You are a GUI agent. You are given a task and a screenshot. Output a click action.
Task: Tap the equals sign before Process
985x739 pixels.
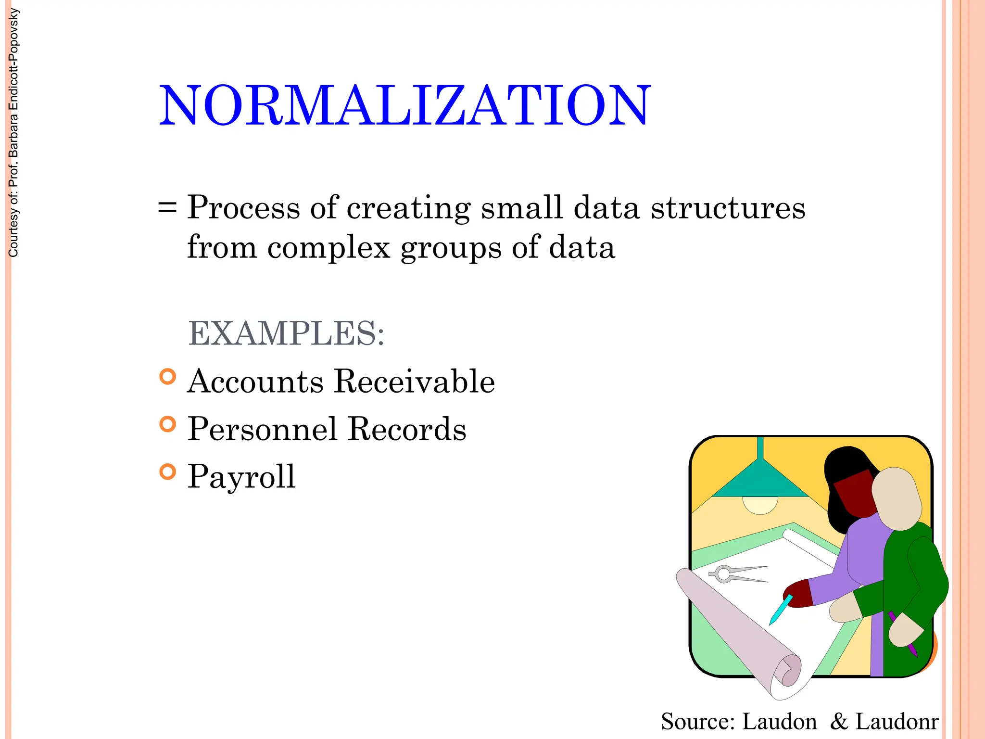pos(167,208)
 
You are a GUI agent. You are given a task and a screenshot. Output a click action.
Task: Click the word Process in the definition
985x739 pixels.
pos(243,208)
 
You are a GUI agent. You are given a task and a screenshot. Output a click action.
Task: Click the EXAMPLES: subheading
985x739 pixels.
pos(286,333)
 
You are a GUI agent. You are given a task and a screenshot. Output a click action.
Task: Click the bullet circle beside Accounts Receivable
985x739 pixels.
pos(167,376)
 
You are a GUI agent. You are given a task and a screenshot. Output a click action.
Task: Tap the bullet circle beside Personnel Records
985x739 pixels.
pos(167,424)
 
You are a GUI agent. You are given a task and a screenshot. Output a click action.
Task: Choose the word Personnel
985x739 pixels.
pos(262,429)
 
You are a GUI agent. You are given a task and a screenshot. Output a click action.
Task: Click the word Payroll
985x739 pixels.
pos(241,477)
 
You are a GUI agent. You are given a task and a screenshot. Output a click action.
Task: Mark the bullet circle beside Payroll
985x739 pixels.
pos(167,472)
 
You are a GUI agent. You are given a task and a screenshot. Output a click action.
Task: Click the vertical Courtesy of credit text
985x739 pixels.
pos(13,133)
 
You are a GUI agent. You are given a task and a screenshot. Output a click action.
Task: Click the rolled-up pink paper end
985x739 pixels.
pos(789,671)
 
